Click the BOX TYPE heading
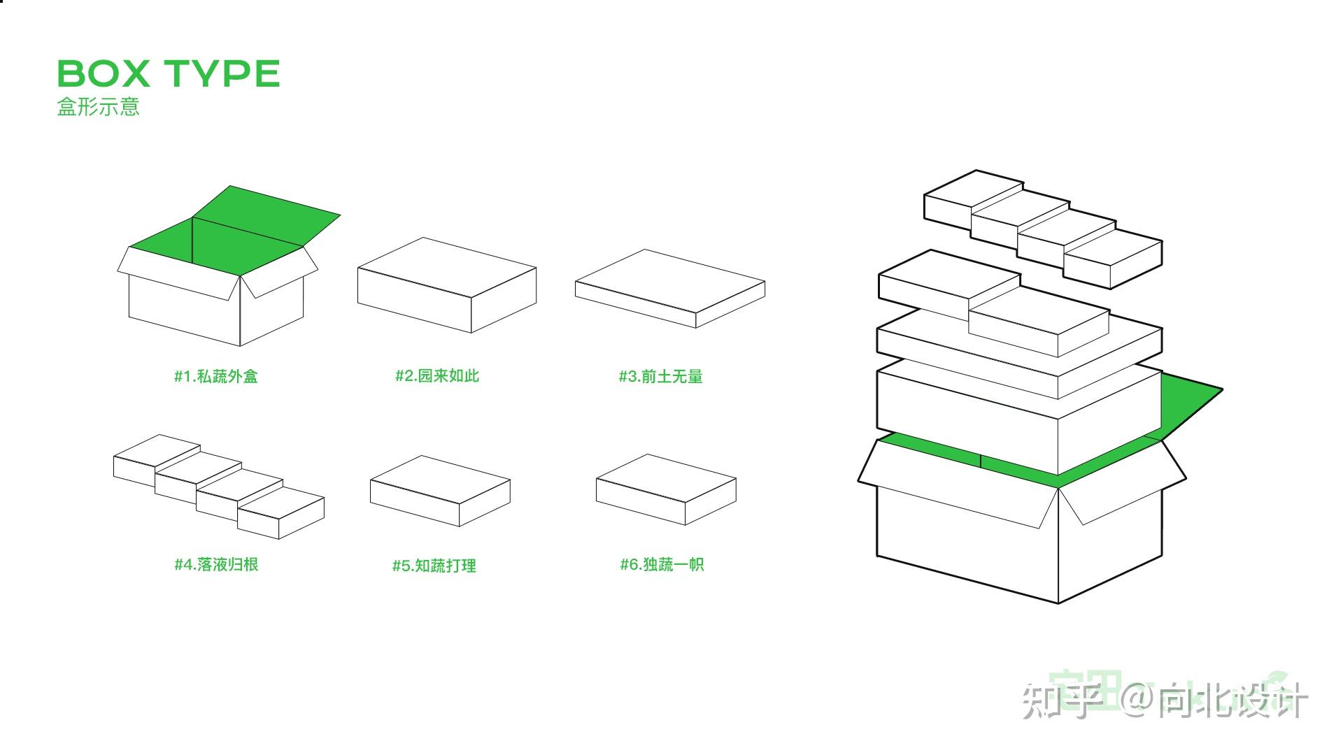pyautogui.click(x=168, y=73)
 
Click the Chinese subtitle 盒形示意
pyautogui.click(x=98, y=106)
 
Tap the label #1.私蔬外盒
pyautogui.click(x=215, y=376)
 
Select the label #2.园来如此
pyautogui.click(x=436, y=375)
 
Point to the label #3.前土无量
pyautogui.click(x=660, y=376)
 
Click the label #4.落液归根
pyautogui.click(x=215, y=564)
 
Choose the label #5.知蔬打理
pyautogui.click(x=434, y=565)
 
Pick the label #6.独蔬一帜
pyautogui.click(x=662, y=564)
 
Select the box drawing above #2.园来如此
pyautogui.click(x=446, y=285)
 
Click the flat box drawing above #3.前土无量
pyautogui.click(x=669, y=288)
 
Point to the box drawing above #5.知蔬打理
pyautogui.click(x=439, y=491)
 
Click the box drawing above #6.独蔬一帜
pyautogui.click(x=665, y=489)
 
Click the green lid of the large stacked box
pyautogui.click(x=1189, y=405)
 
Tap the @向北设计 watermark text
pyautogui.click(x=1214, y=699)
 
